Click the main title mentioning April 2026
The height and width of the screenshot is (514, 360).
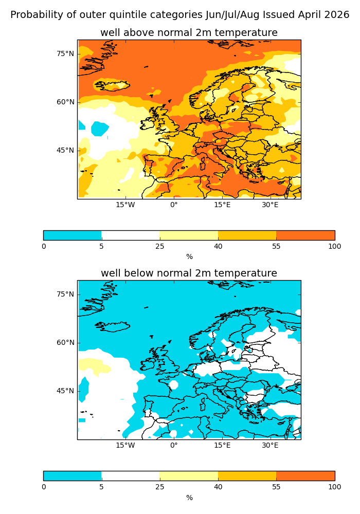(x=179, y=15)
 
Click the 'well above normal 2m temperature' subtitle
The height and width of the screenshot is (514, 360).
(x=189, y=33)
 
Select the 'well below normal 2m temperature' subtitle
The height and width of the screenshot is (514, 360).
(x=189, y=273)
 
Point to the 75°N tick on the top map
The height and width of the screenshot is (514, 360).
(x=65, y=53)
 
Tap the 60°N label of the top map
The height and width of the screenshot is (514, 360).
(x=65, y=102)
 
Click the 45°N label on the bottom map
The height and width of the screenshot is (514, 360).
(x=65, y=391)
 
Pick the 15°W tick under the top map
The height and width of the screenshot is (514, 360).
(x=125, y=205)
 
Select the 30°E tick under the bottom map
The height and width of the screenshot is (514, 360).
(x=271, y=445)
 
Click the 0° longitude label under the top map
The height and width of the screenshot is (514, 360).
(x=174, y=205)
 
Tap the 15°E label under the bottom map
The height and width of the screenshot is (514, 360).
(x=222, y=445)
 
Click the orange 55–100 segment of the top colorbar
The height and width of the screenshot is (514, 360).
(x=305, y=235)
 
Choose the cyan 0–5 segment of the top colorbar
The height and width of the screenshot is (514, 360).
(x=73, y=235)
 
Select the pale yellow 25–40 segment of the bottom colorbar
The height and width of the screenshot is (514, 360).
(x=189, y=476)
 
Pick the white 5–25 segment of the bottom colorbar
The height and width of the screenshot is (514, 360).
(x=131, y=476)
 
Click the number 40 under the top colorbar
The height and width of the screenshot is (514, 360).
(x=218, y=246)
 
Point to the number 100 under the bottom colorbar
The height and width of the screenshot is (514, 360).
(x=334, y=487)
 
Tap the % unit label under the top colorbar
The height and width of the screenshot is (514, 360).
(x=189, y=256)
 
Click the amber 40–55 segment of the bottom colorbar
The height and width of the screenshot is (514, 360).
(x=247, y=476)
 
